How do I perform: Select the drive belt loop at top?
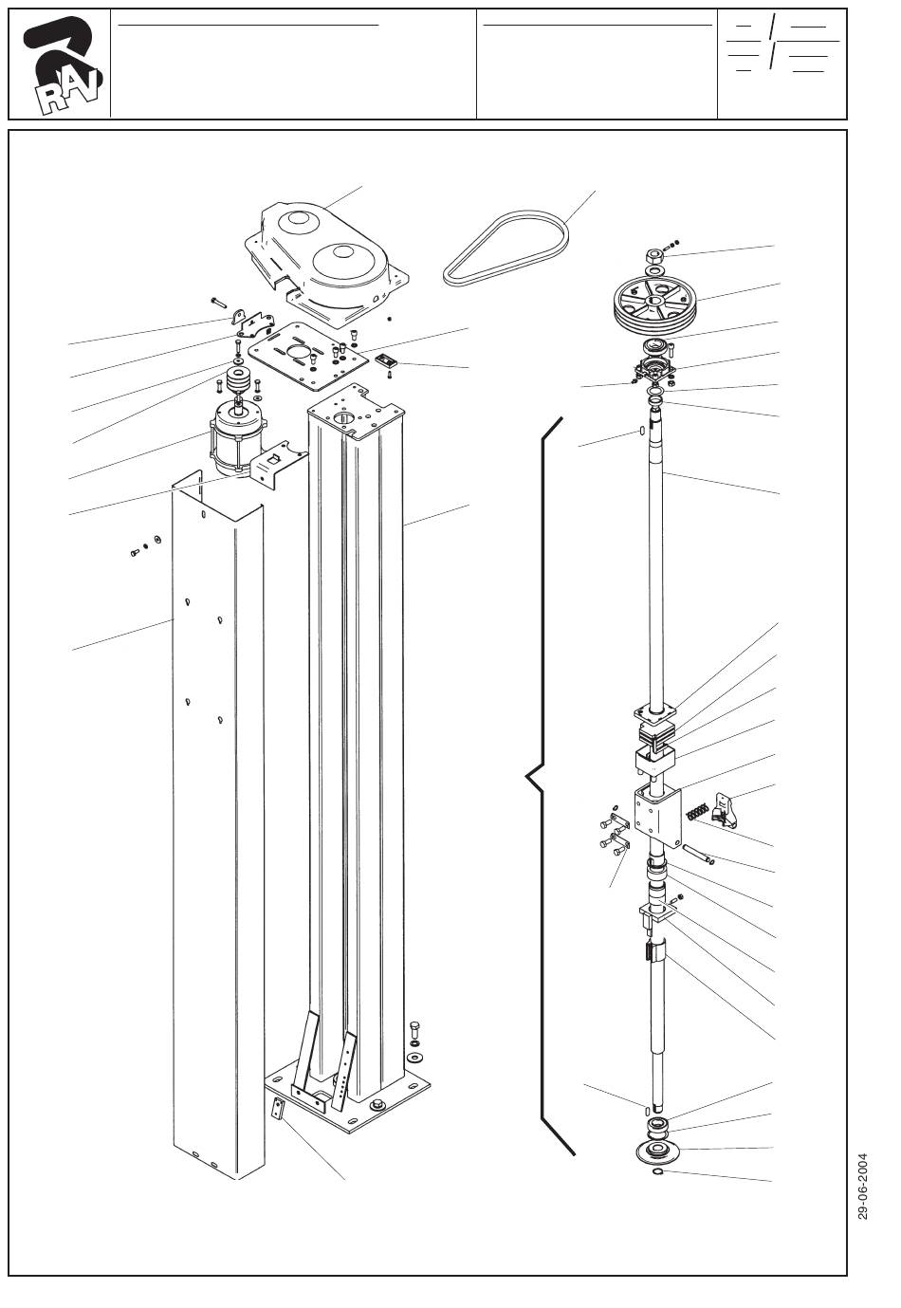tap(506, 249)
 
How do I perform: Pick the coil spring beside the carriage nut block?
tap(697, 812)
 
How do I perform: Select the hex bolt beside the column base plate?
tap(415, 1029)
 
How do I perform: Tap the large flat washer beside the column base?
tap(415, 1057)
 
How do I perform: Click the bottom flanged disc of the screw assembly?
tap(659, 1151)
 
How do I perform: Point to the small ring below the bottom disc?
tap(657, 1171)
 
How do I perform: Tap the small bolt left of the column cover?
tap(135, 552)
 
